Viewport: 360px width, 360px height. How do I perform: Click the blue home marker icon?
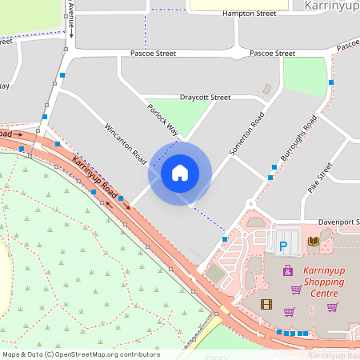pyautogui.click(x=180, y=174)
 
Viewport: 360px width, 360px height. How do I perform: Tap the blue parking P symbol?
pyautogui.click(x=282, y=246)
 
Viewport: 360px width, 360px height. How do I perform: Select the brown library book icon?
pyautogui.click(x=314, y=241)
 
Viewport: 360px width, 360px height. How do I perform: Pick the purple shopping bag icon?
pyautogui.click(x=287, y=272)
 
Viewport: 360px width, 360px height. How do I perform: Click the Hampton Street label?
pyautogui.click(x=250, y=14)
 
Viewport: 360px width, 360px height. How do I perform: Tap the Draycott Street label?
pyautogui.click(x=205, y=97)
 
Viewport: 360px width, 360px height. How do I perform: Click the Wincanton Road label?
pyautogui.click(x=126, y=141)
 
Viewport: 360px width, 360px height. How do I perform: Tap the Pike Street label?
pyautogui.click(x=320, y=178)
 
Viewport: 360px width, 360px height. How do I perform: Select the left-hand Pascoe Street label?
pyautogui.click(x=153, y=53)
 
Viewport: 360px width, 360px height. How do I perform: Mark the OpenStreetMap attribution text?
pyautogui.click(x=80, y=354)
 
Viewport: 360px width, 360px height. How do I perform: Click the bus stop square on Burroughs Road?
pyautogui.click(x=273, y=166)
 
